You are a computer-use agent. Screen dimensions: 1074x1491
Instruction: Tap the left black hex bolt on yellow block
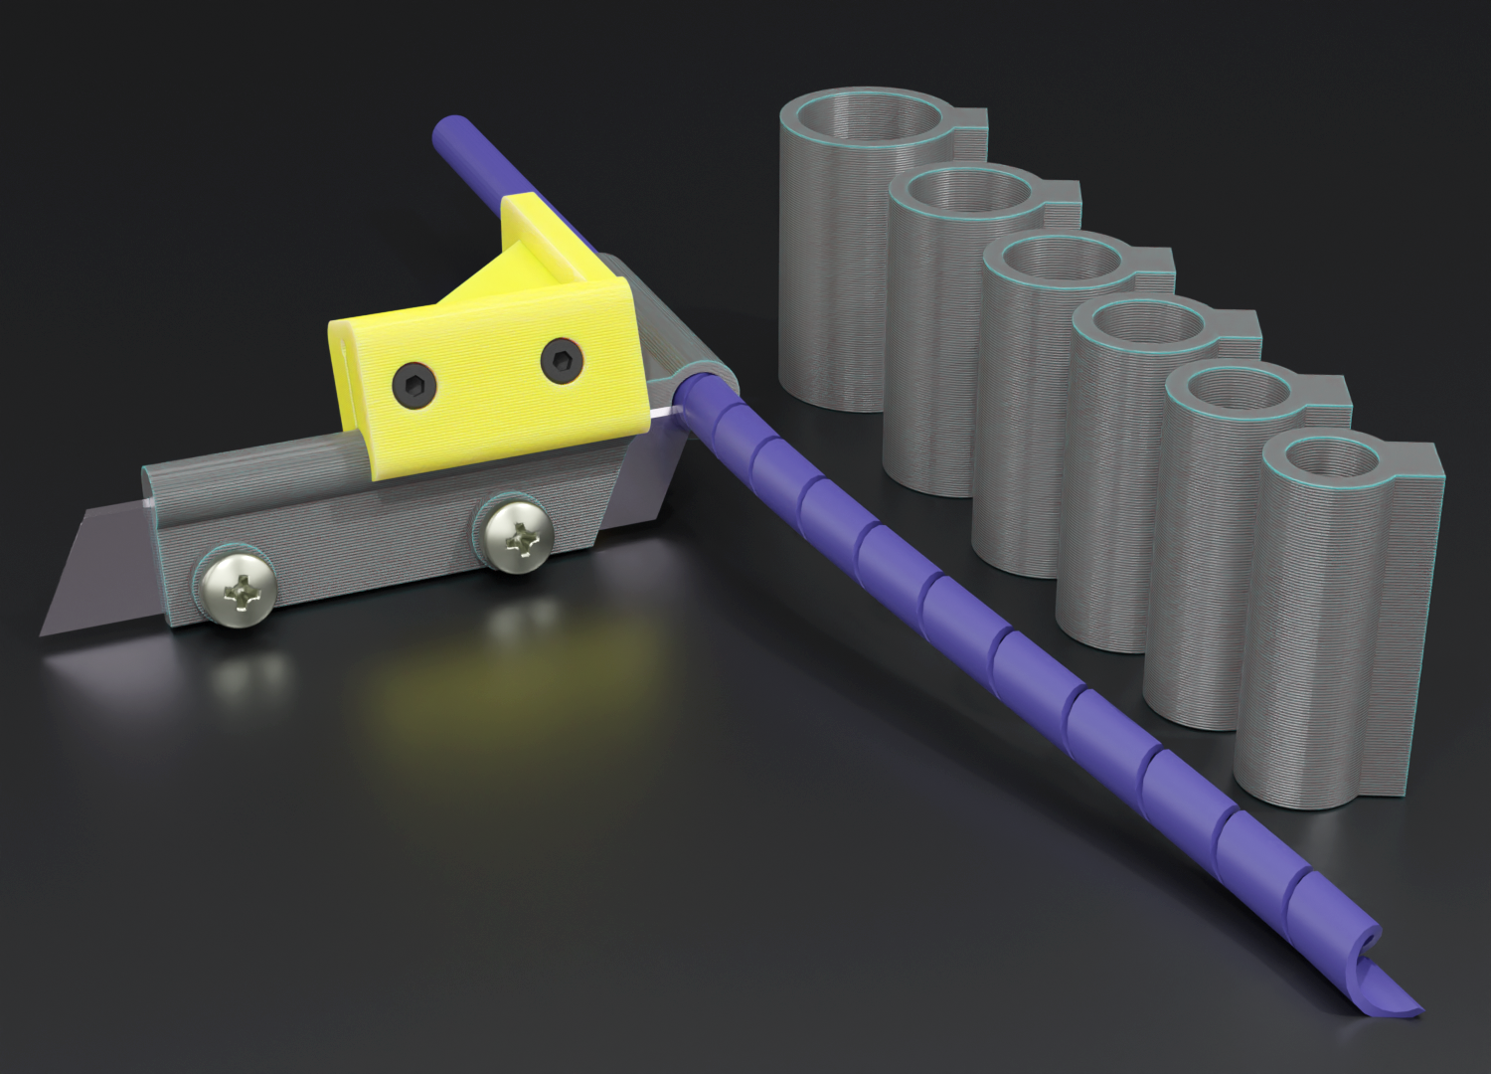coord(413,382)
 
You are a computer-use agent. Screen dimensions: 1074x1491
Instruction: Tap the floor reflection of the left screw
coord(236,677)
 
